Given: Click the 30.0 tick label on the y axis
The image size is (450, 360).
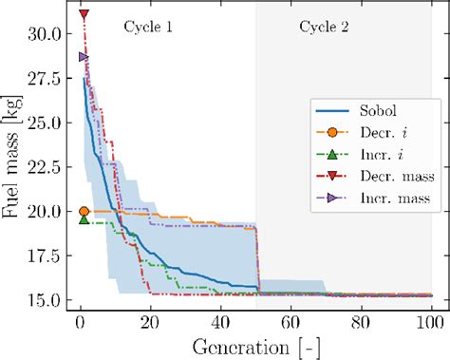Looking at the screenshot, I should click(45, 34).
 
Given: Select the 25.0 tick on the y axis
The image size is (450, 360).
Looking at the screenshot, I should click(45, 123).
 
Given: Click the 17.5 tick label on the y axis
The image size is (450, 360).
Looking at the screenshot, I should click(45, 256).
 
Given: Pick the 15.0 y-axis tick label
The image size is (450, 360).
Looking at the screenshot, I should click(45, 300).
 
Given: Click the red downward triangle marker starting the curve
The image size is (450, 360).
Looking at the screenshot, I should click(84, 15).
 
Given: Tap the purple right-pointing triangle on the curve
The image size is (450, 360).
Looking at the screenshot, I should click(84, 57).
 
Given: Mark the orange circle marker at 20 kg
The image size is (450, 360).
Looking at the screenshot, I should click(84, 212).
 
